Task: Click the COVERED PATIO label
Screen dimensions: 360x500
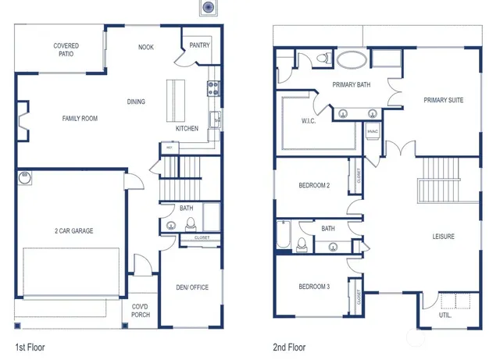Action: [66, 51]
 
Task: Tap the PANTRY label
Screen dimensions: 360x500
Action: [199, 45]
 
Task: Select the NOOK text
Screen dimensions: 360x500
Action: [146, 47]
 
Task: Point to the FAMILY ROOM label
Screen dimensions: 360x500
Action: [80, 119]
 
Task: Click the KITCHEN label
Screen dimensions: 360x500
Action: [187, 128]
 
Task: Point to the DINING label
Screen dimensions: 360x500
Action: [137, 102]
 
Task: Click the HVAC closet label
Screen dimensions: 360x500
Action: [373, 131]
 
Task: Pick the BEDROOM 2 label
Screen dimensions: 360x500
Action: [315, 185]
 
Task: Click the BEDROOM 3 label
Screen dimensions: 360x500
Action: [315, 287]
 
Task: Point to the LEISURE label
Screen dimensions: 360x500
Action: [444, 236]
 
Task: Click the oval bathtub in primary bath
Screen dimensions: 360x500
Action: [352, 59]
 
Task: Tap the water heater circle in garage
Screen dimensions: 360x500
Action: [24, 178]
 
